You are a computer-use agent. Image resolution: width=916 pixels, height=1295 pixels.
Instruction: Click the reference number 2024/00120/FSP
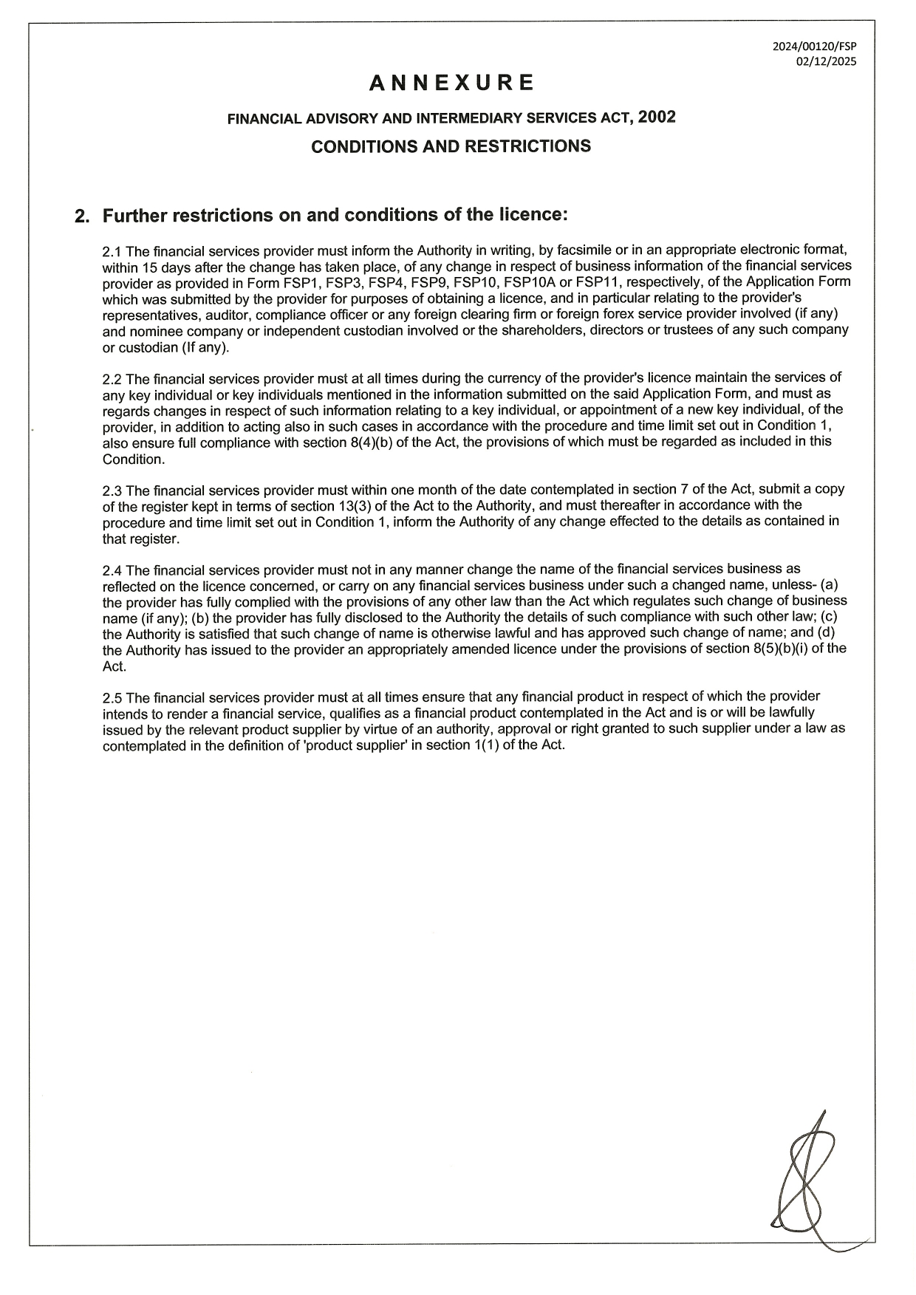click(814, 46)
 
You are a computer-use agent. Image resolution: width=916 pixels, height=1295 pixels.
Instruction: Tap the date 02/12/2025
click(826, 62)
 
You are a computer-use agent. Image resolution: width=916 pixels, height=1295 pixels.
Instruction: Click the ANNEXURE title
click(451, 83)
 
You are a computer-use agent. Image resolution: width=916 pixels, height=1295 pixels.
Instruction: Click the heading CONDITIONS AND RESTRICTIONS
click(451, 146)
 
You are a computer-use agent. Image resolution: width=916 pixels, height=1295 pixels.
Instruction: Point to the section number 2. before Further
click(82, 216)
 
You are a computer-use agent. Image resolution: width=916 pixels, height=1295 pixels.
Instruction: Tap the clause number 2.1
click(112, 251)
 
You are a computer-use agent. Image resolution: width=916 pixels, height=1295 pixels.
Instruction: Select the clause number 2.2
click(112, 379)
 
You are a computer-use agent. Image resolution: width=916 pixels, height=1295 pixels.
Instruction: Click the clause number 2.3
click(112, 491)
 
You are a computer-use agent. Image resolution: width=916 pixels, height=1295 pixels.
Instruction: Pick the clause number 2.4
click(112, 570)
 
